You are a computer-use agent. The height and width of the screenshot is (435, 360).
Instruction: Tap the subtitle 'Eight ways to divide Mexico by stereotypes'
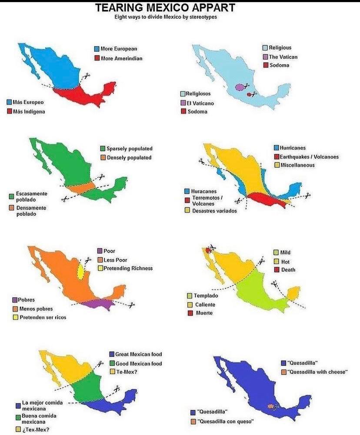[166, 17]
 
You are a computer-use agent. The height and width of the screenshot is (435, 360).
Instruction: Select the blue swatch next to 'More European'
[97, 49]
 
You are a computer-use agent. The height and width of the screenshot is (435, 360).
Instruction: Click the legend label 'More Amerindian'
[121, 58]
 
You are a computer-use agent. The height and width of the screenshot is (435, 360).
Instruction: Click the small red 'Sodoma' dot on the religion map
[249, 94]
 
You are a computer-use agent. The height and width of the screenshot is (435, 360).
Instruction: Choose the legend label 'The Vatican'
[283, 57]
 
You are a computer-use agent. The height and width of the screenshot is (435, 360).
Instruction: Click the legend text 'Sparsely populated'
[130, 149]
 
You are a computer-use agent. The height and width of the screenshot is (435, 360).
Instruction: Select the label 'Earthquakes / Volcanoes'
[309, 157]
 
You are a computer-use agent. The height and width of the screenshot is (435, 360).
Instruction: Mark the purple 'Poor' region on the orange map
[98, 303]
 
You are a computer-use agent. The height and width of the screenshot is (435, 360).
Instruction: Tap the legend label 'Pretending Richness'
[128, 269]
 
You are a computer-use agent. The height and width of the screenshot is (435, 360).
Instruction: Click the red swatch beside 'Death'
[276, 270]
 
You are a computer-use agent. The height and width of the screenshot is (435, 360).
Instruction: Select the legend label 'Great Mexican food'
[138, 354]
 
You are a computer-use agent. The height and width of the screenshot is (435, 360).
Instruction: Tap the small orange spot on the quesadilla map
[271, 407]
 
